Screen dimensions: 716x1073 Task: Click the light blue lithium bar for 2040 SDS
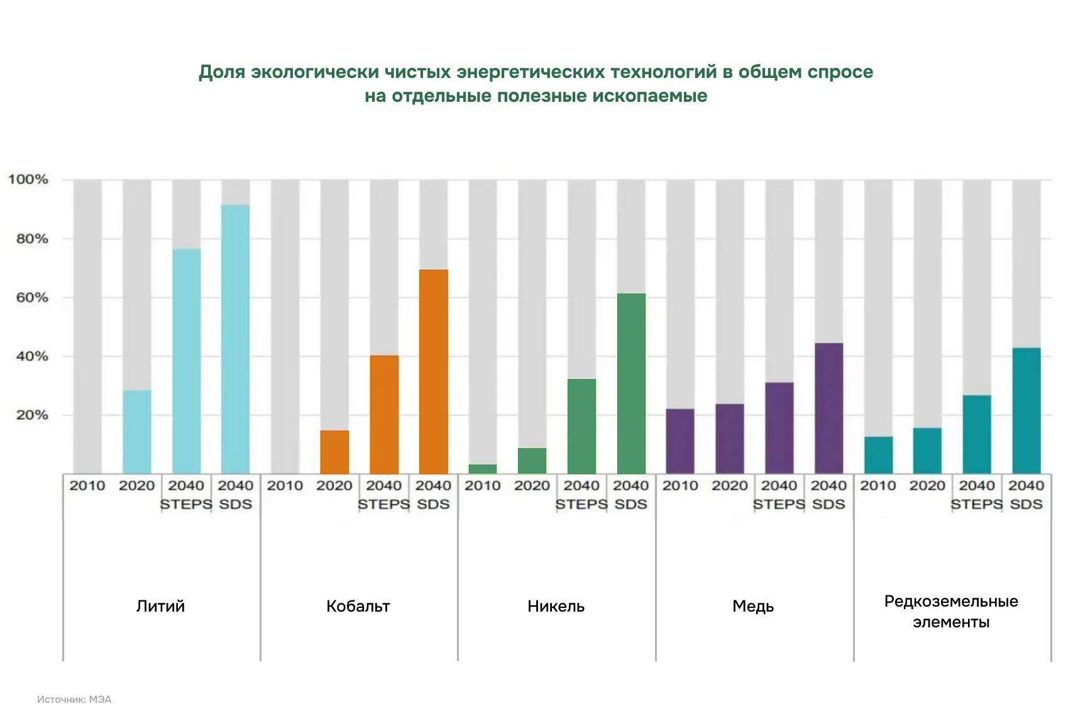tap(235, 339)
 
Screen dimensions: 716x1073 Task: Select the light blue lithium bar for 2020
tap(137, 432)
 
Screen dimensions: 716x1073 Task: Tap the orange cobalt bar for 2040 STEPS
tap(384, 415)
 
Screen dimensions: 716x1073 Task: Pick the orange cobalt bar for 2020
tap(334, 452)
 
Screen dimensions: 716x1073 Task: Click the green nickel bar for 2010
tap(483, 469)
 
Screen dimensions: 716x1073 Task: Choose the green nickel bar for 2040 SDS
tap(631, 383)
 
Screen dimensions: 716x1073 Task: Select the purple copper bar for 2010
tap(680, 441)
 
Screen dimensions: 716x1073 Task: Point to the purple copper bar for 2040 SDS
tap(828, 409)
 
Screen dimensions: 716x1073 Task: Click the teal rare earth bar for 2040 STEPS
tap(977, 434)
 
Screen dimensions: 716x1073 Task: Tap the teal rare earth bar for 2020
tap(927, 451)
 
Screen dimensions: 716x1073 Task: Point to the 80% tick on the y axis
tap(32, 239)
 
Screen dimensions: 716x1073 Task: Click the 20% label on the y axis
tap(32, 415)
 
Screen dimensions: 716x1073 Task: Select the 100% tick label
tap(28, 180)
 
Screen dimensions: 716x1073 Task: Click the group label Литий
tap(161, 606)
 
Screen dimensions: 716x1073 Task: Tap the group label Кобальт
tap(358, 606)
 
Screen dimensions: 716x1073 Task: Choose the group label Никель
tap(556, 606)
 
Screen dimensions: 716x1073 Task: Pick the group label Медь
tap(753, 606)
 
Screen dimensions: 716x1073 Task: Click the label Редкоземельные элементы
tap(951, 612)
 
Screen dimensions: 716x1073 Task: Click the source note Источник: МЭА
tap(74, 699)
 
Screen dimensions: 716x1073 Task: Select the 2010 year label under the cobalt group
tap(285, 485)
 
